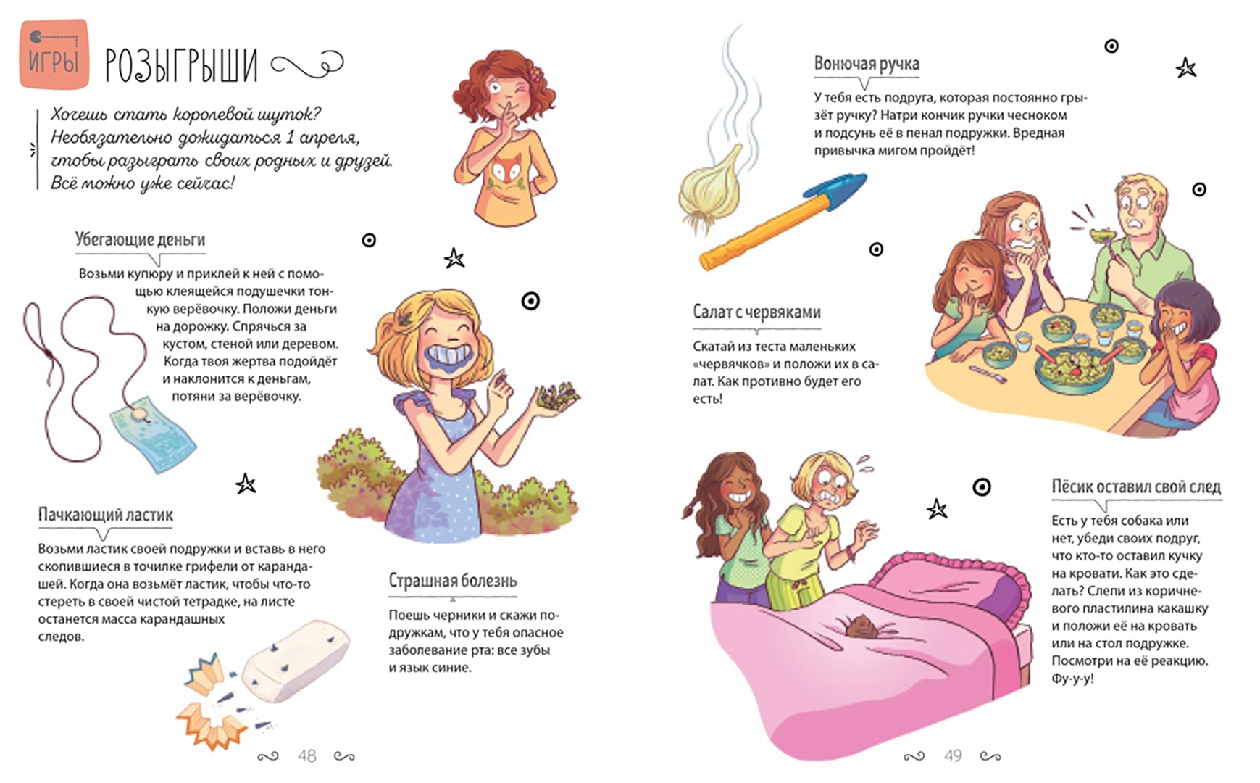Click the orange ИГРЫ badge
54,55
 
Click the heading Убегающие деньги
140,239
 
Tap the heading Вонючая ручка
867,64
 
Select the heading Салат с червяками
756,312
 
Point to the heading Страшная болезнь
453,581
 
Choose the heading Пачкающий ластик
106,515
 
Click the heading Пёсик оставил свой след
1136,487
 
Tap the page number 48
306,756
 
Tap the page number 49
953,756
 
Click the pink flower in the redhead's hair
536,73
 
